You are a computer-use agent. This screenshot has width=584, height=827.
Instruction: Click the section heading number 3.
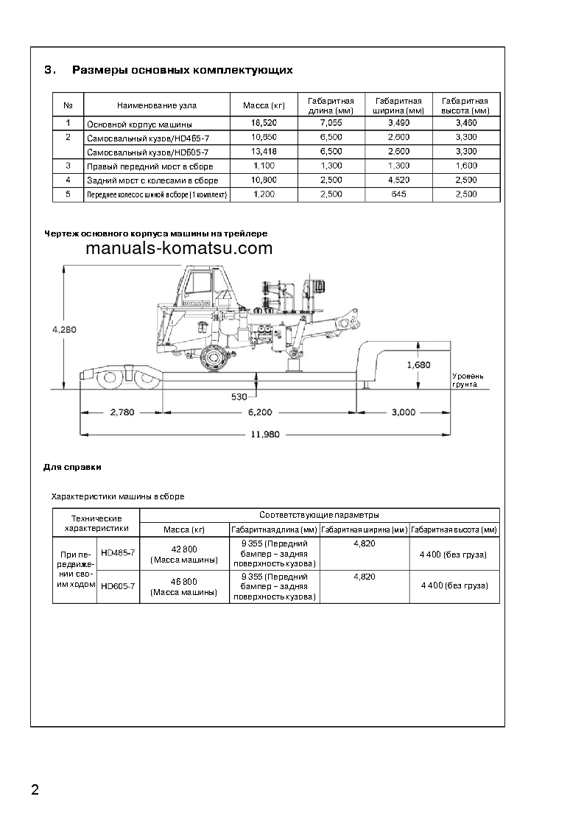[x=49, y=71]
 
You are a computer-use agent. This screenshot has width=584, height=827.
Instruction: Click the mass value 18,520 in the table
[x=264, y=124]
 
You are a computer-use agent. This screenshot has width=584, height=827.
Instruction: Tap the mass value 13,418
[x=264, y=152]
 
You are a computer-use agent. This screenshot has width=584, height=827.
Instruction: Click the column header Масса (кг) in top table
[x=264, y=105]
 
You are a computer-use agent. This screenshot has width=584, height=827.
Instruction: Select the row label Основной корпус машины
[x=138, y=124]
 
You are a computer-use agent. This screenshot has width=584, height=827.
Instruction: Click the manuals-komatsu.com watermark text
[x=179, y=248]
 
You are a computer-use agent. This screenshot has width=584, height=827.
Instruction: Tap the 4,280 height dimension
[x=64, y=330]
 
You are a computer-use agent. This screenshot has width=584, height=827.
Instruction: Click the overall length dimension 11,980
[x=264, y=434]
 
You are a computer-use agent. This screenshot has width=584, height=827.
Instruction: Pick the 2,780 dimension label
[x=122, y=412]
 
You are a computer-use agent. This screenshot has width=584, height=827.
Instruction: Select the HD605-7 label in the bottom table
[x=117, y=586]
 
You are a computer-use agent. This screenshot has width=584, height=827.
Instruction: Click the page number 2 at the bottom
[x=35, y=791]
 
